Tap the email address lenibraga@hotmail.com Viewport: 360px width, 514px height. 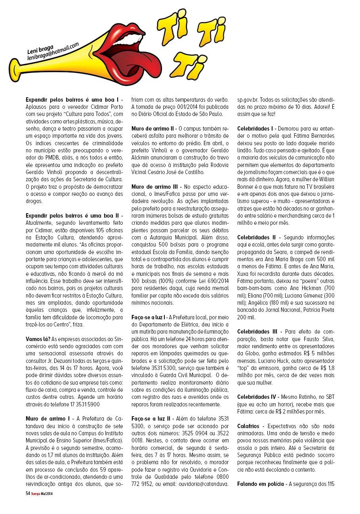(53, 52)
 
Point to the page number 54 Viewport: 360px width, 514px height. (28, 493)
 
